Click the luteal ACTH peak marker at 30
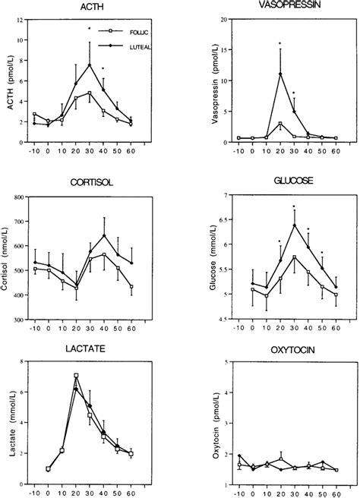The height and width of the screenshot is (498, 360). click(x=90, y=65)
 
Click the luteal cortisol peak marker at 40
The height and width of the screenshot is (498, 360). click(x=103, y=235)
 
